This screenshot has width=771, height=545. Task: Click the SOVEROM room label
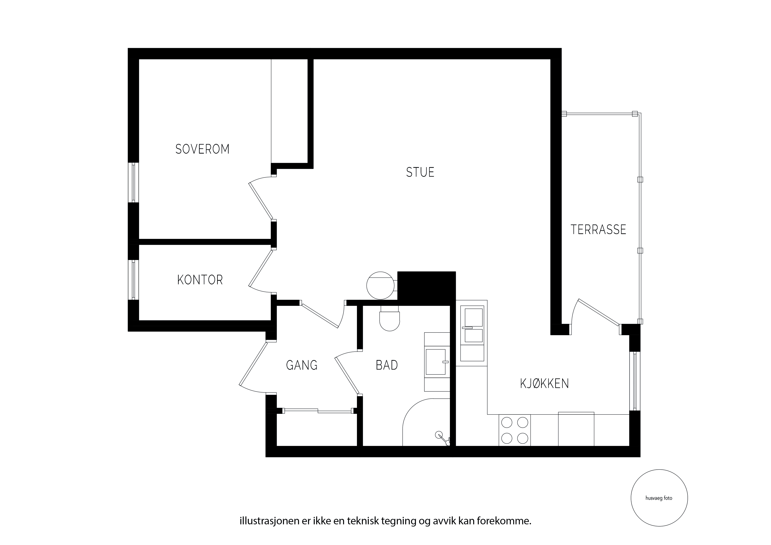tap(202, 149)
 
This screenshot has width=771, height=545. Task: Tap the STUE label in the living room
tap(420, 172)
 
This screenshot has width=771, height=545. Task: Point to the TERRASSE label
tap(598, 230)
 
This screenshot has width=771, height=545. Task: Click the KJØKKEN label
tap(544, 383)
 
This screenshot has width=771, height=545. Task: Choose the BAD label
tap(387, 365)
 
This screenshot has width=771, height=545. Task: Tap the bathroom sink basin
tap(436, 362)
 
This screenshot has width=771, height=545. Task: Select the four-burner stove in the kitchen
tap(515, 430)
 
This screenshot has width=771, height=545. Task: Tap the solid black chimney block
tap(426, 288)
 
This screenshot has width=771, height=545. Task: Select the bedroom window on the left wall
tap(133, 182)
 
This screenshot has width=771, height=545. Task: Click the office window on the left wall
tap(133, 280)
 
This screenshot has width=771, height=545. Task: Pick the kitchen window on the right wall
tap(635, 381)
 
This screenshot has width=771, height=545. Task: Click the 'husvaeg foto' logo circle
tap(659, 498)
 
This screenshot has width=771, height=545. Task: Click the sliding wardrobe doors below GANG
tap(318, 410)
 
